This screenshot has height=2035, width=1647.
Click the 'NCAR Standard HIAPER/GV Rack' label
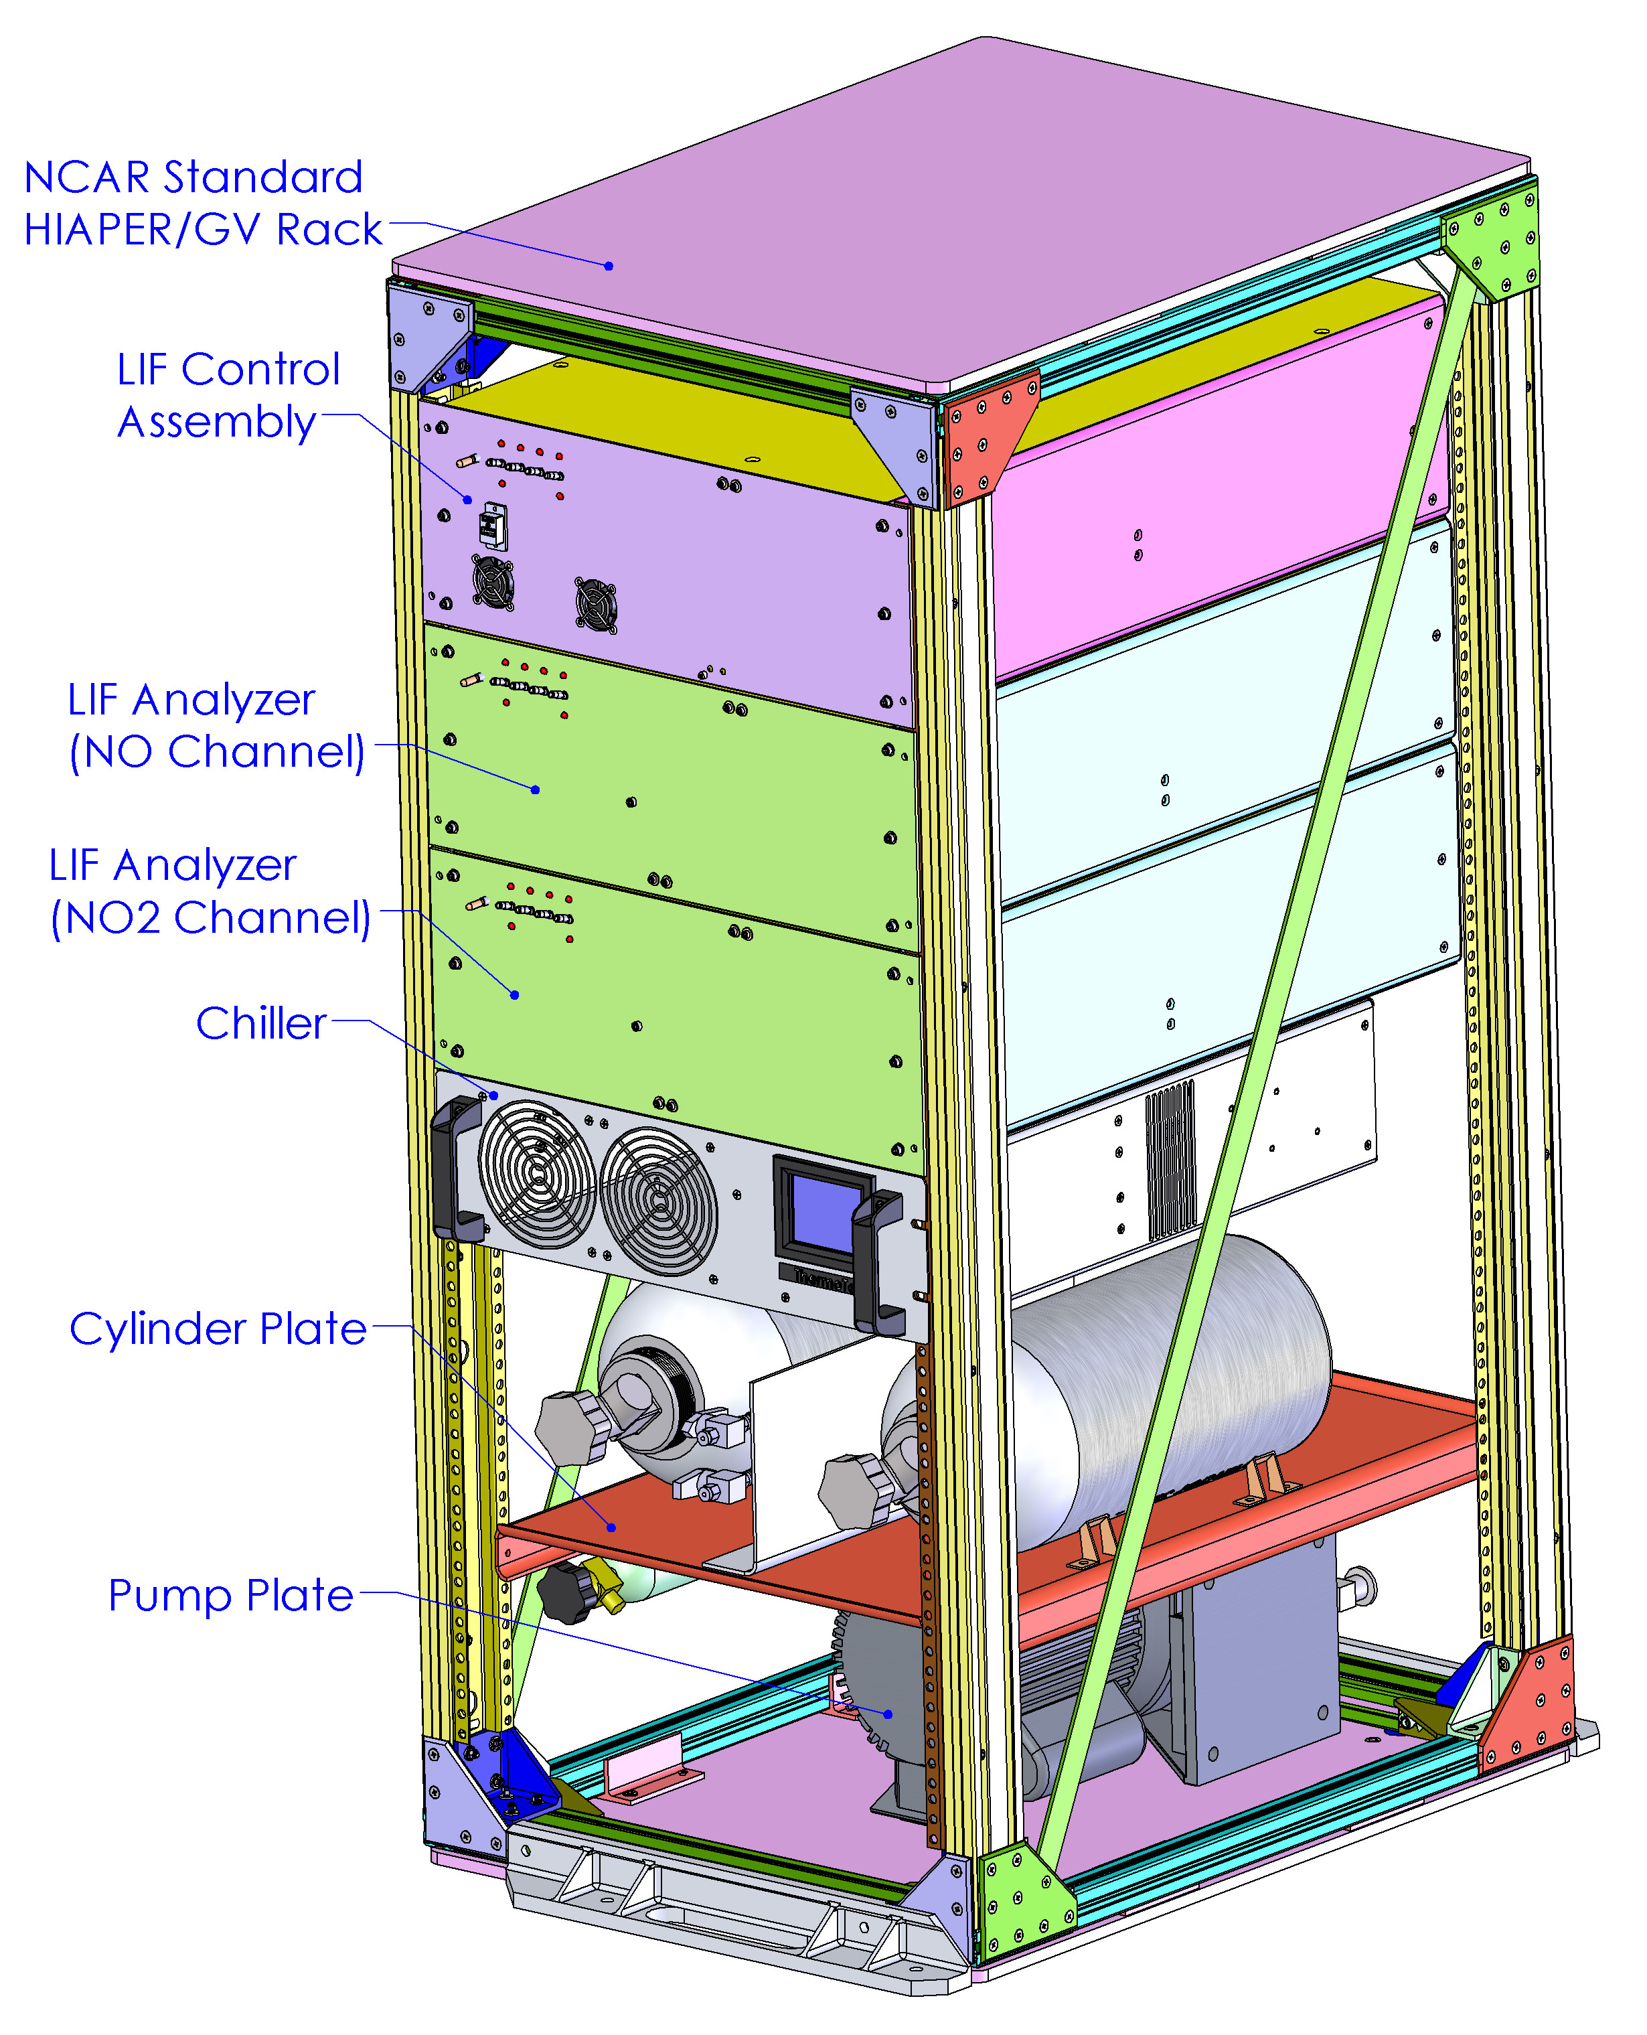tap(203, 203)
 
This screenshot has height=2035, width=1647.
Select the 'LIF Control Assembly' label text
tap(228, 394)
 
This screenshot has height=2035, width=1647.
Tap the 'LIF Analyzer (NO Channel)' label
tap(216, 726)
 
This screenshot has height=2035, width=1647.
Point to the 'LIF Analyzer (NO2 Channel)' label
tap(210, 892)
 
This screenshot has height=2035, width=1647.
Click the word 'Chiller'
tap(261, 1024)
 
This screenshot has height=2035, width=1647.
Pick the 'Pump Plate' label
tap(230, 1596)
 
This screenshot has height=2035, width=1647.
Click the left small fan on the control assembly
tap(493, 581)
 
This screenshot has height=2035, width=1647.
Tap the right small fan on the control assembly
tap(596, 604)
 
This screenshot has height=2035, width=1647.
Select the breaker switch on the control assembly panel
tap(492, 526)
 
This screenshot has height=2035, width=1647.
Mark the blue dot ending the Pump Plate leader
tap(888, 1714)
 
